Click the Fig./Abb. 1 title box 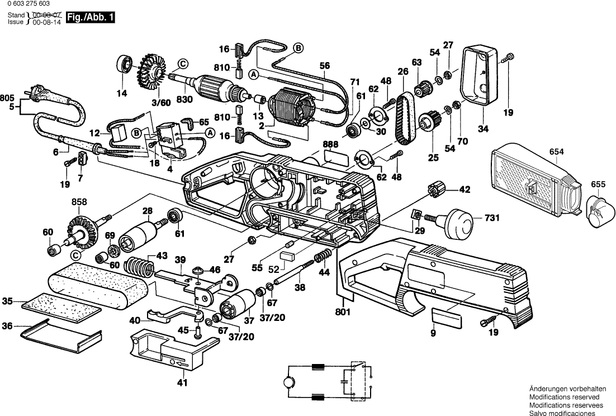click(x=91, y=18)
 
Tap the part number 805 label click(x=8, y=97)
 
